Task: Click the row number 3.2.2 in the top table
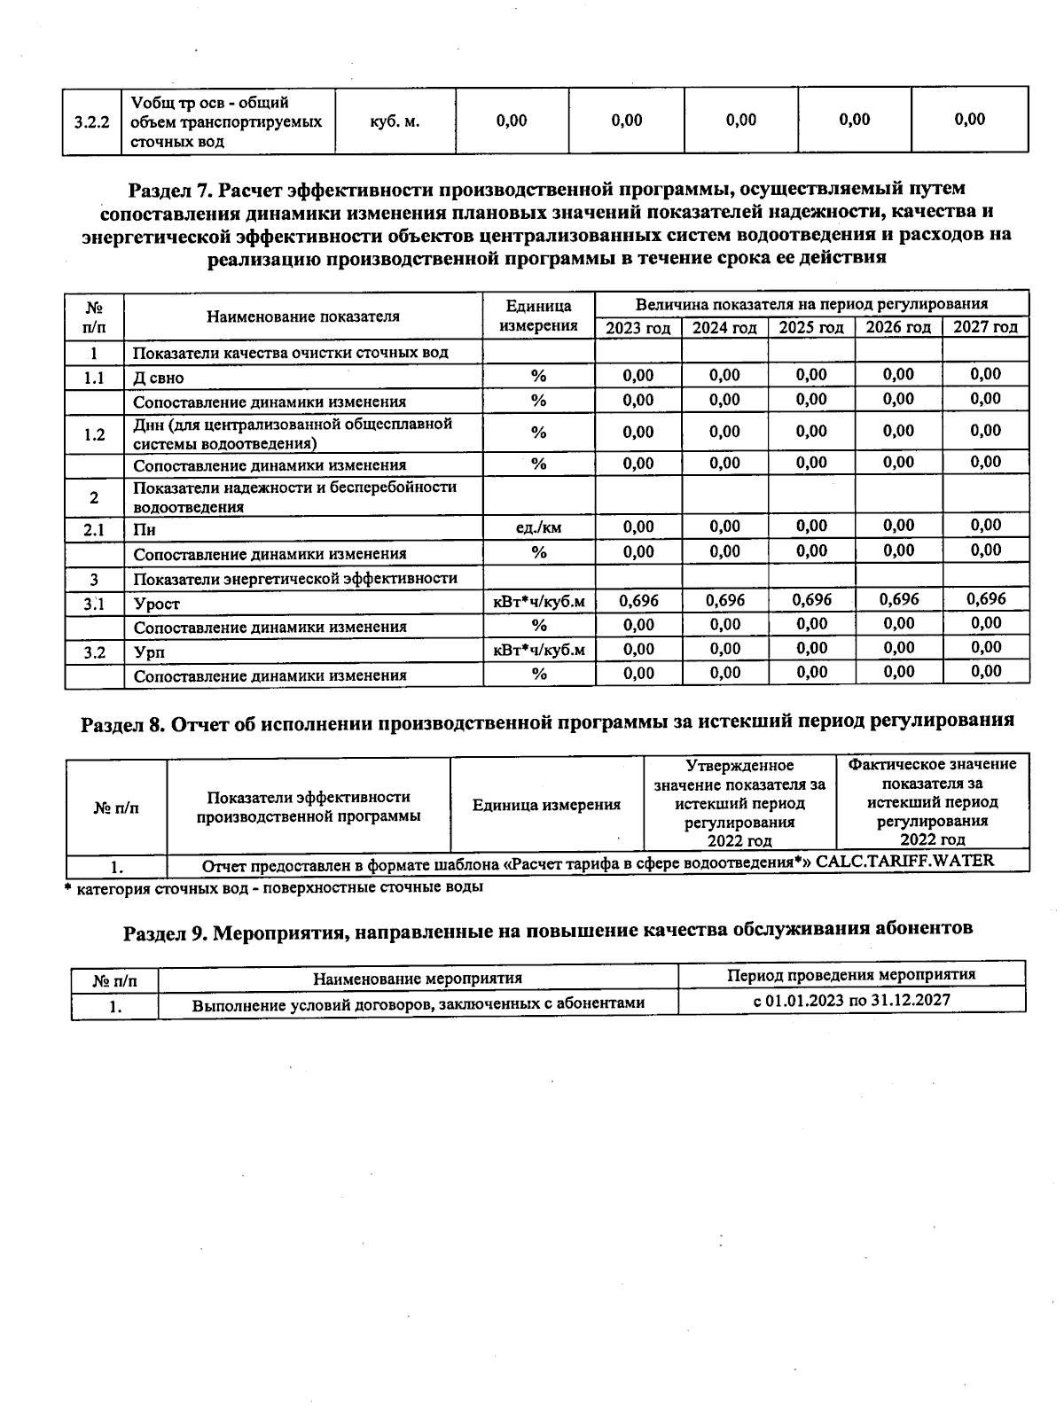(x=91, y=121)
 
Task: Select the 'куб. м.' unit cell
(x=395, y=121)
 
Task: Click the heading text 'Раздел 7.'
(x=170, y=189)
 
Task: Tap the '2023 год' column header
(x=638, y=328)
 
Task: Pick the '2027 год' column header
(x=985, y=327)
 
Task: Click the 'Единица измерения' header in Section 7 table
(x=538, y=316)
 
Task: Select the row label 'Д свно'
(x=159, y=378)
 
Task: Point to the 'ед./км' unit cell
(x=538, y=528)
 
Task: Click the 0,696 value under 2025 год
(x=811, y=600)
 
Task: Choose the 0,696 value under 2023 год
(x=638, y=601)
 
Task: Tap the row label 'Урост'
(x=156, y=604)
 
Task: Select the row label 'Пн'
(x=145, y=530)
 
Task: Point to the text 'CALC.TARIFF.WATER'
(x=904, y=860)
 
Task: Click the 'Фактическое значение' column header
(x=932, y=764)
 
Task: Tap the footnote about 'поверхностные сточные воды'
(x=275, y=886)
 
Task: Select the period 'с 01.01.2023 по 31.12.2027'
(x=851, y=1000)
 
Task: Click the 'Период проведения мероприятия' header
(x=851, y=975)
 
